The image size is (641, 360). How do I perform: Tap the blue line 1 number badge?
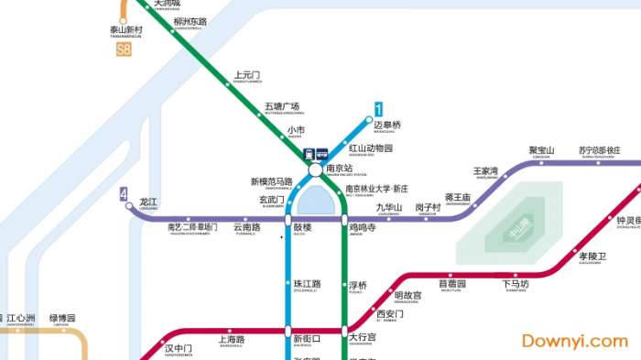point(378,108)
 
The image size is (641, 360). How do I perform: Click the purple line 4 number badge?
point(123,193)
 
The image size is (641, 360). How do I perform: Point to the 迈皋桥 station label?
point(387,125)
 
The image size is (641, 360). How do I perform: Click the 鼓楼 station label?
point(302,227)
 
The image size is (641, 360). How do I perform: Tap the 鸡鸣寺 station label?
point(362,227)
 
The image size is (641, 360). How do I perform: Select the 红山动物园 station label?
point(370,148)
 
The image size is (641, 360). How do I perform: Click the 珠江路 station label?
point(307,285)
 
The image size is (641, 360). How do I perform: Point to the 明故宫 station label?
point(407,295)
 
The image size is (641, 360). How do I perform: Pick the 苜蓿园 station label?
point(451,284)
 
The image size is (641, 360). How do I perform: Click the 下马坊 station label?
point(516,284)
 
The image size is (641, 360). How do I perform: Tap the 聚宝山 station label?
point(541,150)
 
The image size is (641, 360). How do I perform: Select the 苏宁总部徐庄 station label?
point(599,150)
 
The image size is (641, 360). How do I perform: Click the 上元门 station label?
point(247,75)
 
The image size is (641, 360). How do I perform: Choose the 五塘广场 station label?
point(282,106)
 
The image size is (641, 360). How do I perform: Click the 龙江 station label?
point(148,202)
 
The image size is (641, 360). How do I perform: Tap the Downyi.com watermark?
point(574,341)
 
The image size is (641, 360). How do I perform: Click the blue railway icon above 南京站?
point(310,155)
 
